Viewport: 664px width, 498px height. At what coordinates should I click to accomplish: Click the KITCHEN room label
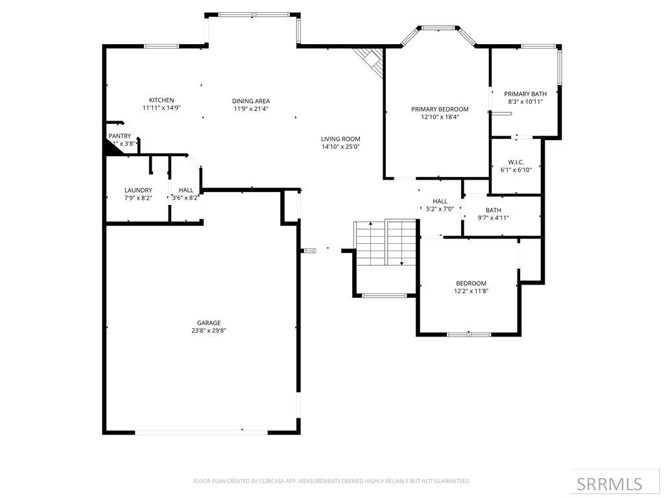161,100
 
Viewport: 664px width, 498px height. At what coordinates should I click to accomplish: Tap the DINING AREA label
251,101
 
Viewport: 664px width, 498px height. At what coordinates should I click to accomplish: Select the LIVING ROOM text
340,139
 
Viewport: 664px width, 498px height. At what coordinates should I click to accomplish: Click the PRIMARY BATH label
525,94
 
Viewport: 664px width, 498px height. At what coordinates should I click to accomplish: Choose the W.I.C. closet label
516,161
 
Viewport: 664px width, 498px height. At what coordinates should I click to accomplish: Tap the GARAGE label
209,323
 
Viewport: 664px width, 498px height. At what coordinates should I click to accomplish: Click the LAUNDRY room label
138,190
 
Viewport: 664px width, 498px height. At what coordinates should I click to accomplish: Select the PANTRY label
119,136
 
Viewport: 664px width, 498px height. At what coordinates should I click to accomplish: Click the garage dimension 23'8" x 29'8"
209,331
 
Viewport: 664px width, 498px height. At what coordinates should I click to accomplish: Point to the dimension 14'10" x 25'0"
340,147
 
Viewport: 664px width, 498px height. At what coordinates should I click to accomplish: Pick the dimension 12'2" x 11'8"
471,291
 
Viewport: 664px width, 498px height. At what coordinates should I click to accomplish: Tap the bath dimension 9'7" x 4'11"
493,218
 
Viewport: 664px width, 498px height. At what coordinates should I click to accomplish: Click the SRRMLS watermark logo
610,484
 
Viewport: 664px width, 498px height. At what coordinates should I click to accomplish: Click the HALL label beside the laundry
186,190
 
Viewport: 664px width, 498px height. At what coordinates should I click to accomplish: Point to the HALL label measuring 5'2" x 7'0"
440,202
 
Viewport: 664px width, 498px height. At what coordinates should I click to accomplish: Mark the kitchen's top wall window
161,46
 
